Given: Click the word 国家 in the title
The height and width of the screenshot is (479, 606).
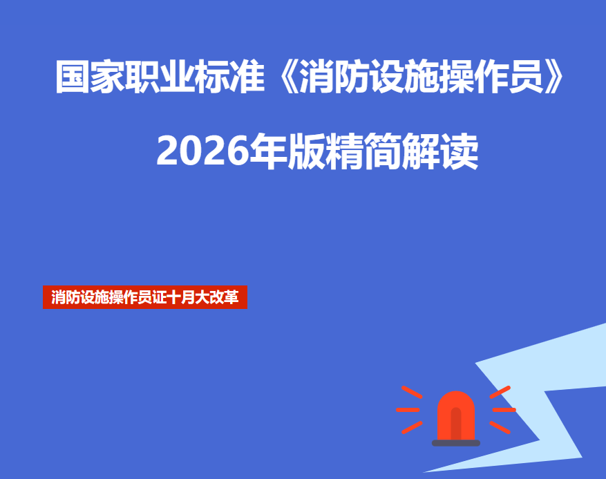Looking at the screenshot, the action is tap(90, 77).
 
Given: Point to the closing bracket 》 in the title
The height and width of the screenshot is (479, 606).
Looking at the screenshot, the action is tap(553, 77).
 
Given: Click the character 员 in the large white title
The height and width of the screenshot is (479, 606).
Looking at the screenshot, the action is tap(526, 77).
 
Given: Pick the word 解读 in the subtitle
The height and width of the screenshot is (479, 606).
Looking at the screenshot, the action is tap(440, 151).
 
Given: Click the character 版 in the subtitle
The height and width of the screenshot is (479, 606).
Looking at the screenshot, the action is tap(306, 151).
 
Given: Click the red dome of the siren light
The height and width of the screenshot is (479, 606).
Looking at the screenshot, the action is tap(456, 415).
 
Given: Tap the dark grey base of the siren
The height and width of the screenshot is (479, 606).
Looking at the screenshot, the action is tap(456, 443).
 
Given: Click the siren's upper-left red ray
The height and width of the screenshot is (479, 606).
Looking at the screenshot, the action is tap(412, 392).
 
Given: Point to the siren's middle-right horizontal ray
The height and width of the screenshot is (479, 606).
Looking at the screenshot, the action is tap(504, 410).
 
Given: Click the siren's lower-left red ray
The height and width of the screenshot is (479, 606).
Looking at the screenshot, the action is tap(412, 427).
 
